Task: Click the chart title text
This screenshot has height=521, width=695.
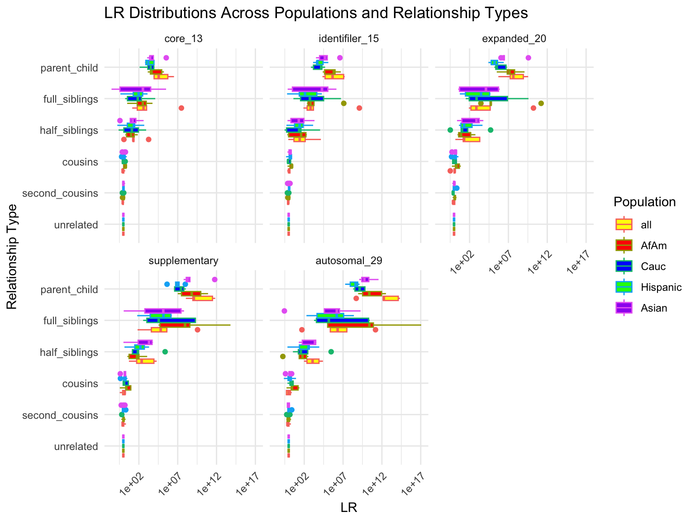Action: click(x=316, y=14)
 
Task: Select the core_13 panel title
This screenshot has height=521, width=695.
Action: click(x=183, y=39)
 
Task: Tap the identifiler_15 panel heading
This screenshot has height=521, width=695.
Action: click(x=349, y=39)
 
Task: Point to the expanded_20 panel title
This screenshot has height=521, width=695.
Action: click(x=514, y=39)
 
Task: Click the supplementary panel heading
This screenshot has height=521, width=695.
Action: click(x=183, y=261)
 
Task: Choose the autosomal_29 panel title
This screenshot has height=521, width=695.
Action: click(x=349, y=261)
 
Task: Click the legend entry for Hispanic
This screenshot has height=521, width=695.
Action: click(x=661, y=287)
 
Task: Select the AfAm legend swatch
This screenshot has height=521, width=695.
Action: click(x=624, y=245)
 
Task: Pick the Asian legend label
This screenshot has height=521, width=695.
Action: click(x=654, y=308)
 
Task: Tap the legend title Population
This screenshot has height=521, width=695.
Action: click(x=644, y=202)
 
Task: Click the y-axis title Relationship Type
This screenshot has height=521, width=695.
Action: click(x=12, y=256)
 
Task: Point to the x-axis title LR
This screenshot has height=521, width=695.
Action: click(x=349, y=508)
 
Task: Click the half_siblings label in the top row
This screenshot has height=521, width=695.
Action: click(x=69, y=131)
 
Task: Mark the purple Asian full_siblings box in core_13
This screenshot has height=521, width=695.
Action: click(x=135, y=89)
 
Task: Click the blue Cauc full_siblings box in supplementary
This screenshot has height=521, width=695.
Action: click(x=171, y=320)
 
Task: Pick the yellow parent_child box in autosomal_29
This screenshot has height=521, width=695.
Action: click(x=390, y=298)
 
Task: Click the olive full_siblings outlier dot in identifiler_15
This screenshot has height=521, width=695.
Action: click(x=343, y=103)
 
